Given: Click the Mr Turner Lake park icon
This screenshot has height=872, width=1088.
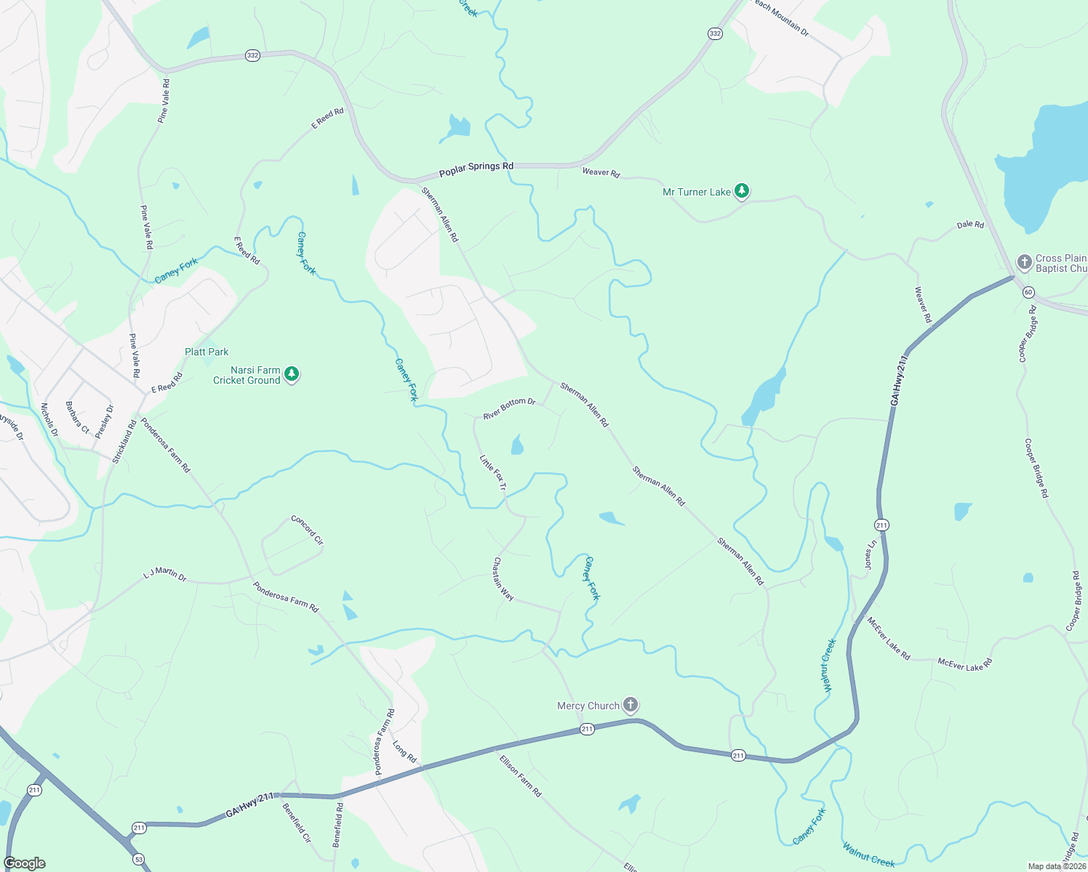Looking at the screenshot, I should coord(741,191).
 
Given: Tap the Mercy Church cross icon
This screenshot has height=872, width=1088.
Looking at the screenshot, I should coord(631,705).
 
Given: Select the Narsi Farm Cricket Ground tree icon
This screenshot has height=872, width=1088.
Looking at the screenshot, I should coord(292,374).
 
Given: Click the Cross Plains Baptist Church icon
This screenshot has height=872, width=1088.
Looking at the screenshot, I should coord(1024,262).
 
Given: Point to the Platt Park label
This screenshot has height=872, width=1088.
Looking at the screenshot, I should coord(207,352).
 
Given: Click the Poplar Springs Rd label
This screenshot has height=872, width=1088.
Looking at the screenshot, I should coord(476,170).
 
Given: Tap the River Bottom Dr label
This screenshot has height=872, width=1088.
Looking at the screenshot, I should coord(509,408).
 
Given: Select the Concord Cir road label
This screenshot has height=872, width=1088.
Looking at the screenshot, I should coord(307,530).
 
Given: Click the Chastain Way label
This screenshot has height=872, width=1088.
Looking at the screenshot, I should coord(503,579).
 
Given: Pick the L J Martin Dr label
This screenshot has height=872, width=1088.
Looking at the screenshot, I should coord(165,575).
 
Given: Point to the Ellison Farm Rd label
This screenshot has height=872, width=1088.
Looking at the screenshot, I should coord(521,775).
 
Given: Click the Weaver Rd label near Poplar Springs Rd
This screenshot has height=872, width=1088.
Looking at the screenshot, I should coord(601,172).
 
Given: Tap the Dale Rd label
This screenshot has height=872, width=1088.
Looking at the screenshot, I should coord(970,225).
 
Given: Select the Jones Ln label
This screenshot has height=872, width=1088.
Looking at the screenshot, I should coord(870,554).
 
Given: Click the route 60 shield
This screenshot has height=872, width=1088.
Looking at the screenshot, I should coord(1028,292).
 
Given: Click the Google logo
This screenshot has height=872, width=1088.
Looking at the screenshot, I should coord(25,863).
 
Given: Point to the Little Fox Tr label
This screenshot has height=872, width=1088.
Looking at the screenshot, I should coord(492,472).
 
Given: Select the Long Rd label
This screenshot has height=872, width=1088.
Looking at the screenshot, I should coord(404,752).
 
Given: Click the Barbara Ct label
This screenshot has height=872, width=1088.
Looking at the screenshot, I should coord(77,418).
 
